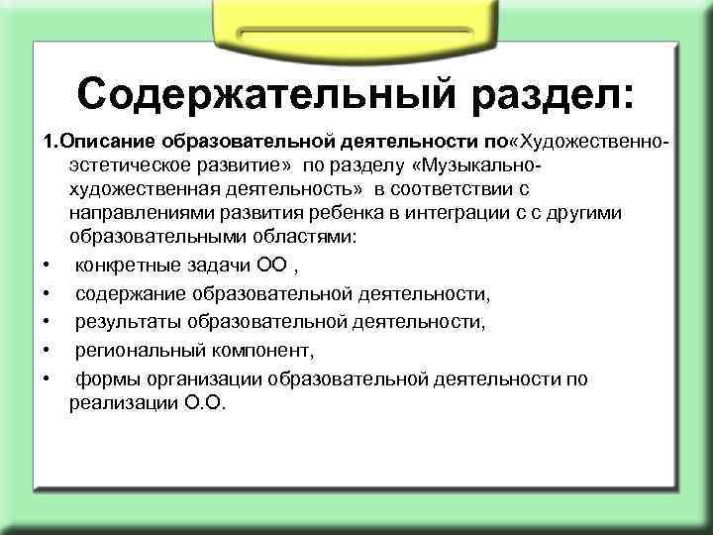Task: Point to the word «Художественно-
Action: (x=591, y=134)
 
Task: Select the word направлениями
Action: (x=135, y=212)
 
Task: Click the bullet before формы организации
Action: (x=47, y=378)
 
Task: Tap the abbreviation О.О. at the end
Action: (x=201, y=403)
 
